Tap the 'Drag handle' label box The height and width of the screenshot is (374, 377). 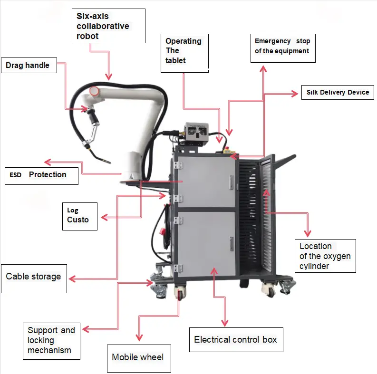29,66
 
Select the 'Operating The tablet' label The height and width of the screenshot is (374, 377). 184,51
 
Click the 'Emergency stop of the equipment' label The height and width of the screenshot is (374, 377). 282,47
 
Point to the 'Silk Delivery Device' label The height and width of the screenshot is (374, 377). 338,92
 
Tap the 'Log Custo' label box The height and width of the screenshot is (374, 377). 80,216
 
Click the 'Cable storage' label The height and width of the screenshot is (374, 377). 34,277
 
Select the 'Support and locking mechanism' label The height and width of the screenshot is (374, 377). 51,340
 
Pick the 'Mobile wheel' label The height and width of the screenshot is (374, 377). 138,357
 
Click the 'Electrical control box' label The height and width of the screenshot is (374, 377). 236,340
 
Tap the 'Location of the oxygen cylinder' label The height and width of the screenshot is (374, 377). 325,256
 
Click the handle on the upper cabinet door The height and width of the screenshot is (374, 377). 232,181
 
